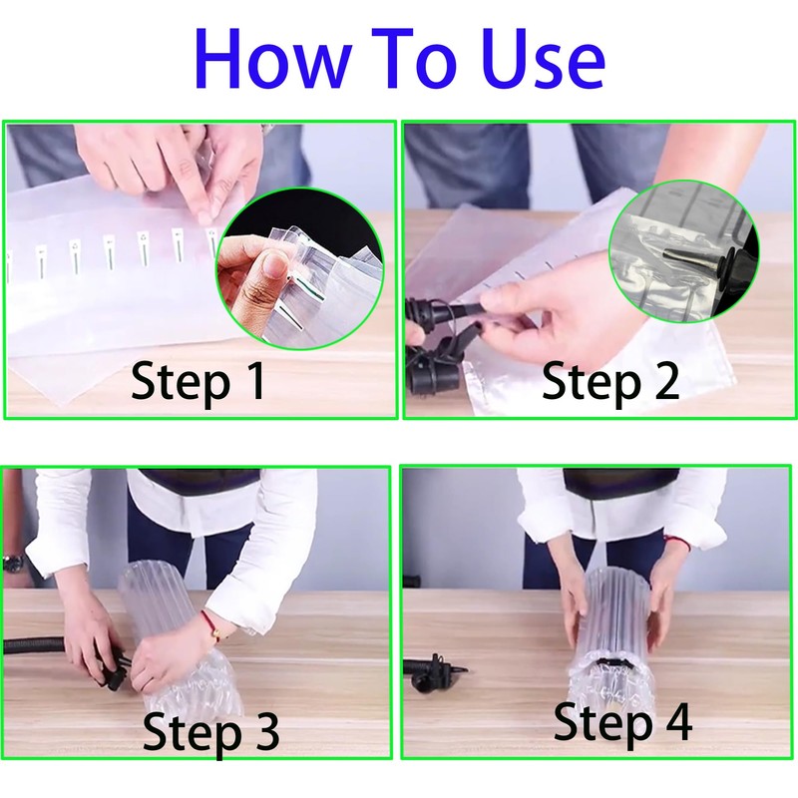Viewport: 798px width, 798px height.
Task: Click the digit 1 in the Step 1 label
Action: click(254, 380)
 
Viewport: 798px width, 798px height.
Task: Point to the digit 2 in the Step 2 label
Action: click(664, 380)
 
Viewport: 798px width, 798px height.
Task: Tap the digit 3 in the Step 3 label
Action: click(264, 731)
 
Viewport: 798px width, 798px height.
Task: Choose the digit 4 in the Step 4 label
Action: click(676, 720)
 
